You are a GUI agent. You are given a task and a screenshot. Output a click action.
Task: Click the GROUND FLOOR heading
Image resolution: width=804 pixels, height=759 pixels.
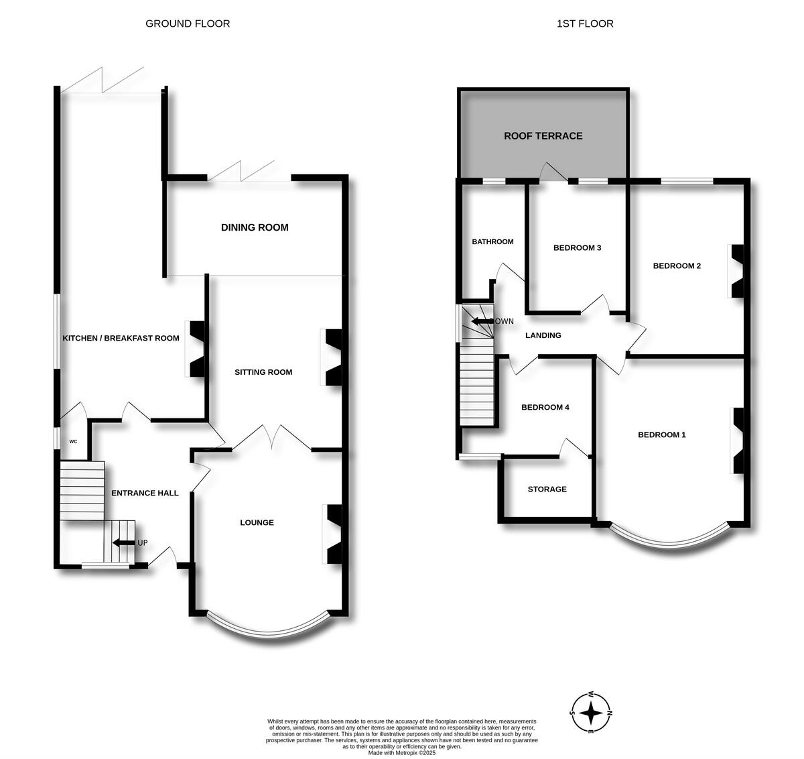pos(188,23)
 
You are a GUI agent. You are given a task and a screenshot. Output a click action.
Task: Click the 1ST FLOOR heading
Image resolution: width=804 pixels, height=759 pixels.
pos(585,23)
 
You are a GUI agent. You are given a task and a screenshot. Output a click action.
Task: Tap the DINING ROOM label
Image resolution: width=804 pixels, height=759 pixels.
pos(255,227)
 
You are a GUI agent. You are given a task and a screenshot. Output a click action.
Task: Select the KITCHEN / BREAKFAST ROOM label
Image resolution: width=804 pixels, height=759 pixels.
pos(121,338)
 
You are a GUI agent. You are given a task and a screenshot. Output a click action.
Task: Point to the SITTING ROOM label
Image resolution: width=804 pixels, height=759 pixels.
pos(263,372)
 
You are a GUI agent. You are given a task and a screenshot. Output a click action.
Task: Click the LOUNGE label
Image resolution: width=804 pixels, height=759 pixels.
pos(257,522)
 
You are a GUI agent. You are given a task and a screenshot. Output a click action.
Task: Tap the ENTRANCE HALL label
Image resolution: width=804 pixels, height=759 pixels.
pos(145,493)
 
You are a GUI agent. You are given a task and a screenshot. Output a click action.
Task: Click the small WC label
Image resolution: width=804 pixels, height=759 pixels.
pos(73,442)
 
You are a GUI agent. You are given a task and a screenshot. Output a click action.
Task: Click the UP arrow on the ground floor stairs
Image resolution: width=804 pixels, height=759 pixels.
pos(124,543)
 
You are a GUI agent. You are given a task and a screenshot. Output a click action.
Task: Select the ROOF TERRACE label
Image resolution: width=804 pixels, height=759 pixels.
pos(543,135)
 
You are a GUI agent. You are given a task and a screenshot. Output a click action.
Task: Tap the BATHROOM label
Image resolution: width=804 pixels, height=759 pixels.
pos(492,241)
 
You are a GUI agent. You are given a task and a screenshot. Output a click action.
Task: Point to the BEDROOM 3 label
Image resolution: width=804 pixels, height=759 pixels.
pos(577,247)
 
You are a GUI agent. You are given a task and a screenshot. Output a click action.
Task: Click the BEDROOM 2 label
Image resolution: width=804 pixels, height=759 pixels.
pos(677,266)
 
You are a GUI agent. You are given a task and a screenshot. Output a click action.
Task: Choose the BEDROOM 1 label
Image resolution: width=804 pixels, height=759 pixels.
pos(661,434)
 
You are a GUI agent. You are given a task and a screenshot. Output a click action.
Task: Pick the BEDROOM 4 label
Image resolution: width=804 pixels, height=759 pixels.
pos(545,407)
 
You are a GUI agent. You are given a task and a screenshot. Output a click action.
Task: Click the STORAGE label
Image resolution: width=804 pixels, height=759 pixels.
pos(547,489)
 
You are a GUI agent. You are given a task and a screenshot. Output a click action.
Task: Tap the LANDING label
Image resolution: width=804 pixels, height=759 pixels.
pos(543,335)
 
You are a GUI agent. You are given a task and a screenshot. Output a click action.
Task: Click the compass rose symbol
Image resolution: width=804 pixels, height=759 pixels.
pos(591,712)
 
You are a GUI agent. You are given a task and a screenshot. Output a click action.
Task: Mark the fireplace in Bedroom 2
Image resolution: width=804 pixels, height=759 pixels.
pos(736,271)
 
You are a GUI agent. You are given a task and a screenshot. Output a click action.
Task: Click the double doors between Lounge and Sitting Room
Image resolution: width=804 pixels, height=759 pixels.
pos(271,437)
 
